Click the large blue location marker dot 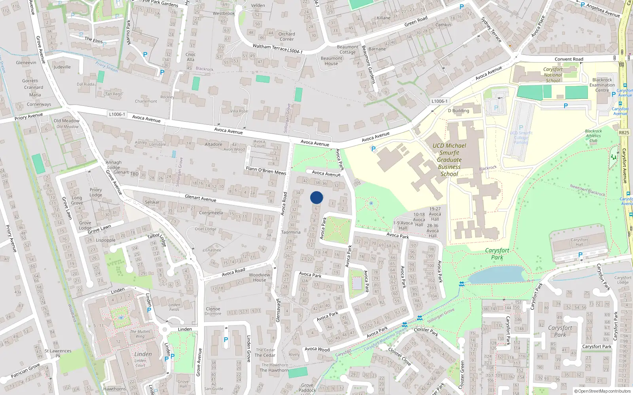tap(316, 197)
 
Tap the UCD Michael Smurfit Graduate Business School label tap(449, 160)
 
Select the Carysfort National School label tap(553, 75)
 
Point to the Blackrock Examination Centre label tap(602, 85)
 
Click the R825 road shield tap(624, 133)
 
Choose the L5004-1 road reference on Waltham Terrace tap(295, 51)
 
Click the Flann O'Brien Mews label tap(266, 171)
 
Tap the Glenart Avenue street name tap(201, 198)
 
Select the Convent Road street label tap(569, 59)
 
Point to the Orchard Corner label tap(286, 36)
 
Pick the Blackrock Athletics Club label tap(593, 135)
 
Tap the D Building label tap(458, 111)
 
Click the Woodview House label tap(260, 277)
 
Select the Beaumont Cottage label tap(347, 49)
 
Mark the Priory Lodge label tap(96, 192)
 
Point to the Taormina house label tap(291, 232)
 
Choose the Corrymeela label tap(211, 213)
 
